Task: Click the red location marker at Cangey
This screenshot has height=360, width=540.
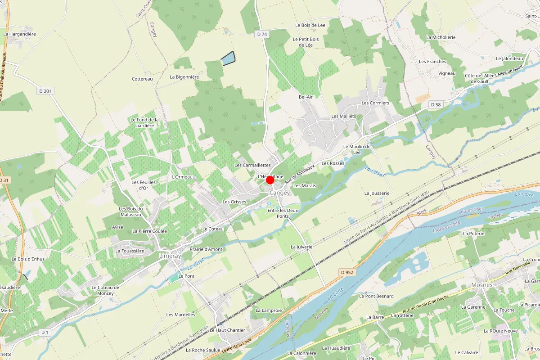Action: [x=270, y=180]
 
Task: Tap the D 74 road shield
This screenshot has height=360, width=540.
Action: [x=261, y=34]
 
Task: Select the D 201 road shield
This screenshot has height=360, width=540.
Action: [x=45, y=91]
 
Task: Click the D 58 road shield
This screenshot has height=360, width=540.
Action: [x=435, y=105]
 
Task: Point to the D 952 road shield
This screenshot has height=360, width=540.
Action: [x=347, y=272]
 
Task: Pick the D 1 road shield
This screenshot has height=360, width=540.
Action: [x=44, y=333]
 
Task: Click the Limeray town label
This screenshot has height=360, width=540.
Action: [x=170, y=256]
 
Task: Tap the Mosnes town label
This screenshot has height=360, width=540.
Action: [x=481, y=285]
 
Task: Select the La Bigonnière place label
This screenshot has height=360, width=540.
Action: [x=184, y=77]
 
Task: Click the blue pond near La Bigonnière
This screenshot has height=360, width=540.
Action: [x=228, y=59]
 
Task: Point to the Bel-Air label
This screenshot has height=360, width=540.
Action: [x=306, y=97]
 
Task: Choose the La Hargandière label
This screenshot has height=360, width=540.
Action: [x=19, y=34]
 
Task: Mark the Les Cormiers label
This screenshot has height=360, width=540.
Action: [x=375, y=103]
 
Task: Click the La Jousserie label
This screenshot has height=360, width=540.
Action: [x=377, y=193]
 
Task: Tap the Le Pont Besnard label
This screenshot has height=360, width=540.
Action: [x=376, y=296]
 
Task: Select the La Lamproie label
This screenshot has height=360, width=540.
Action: [x=269, y=310]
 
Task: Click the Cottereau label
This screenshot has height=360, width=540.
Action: [x=142, y=79]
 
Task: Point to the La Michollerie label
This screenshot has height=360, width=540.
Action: [x=441, y=37]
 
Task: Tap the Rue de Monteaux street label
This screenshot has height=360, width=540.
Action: [x=301, y=173]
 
